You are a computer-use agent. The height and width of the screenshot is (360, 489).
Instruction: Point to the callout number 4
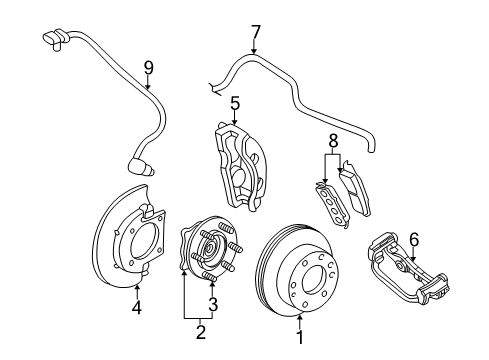[x=136, y=308]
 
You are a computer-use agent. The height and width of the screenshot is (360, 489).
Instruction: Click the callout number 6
[x=415, y=241]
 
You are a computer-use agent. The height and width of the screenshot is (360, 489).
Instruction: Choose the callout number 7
[x=255, y=31]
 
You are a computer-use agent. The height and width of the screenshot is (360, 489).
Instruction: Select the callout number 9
[x=148, y=68]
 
